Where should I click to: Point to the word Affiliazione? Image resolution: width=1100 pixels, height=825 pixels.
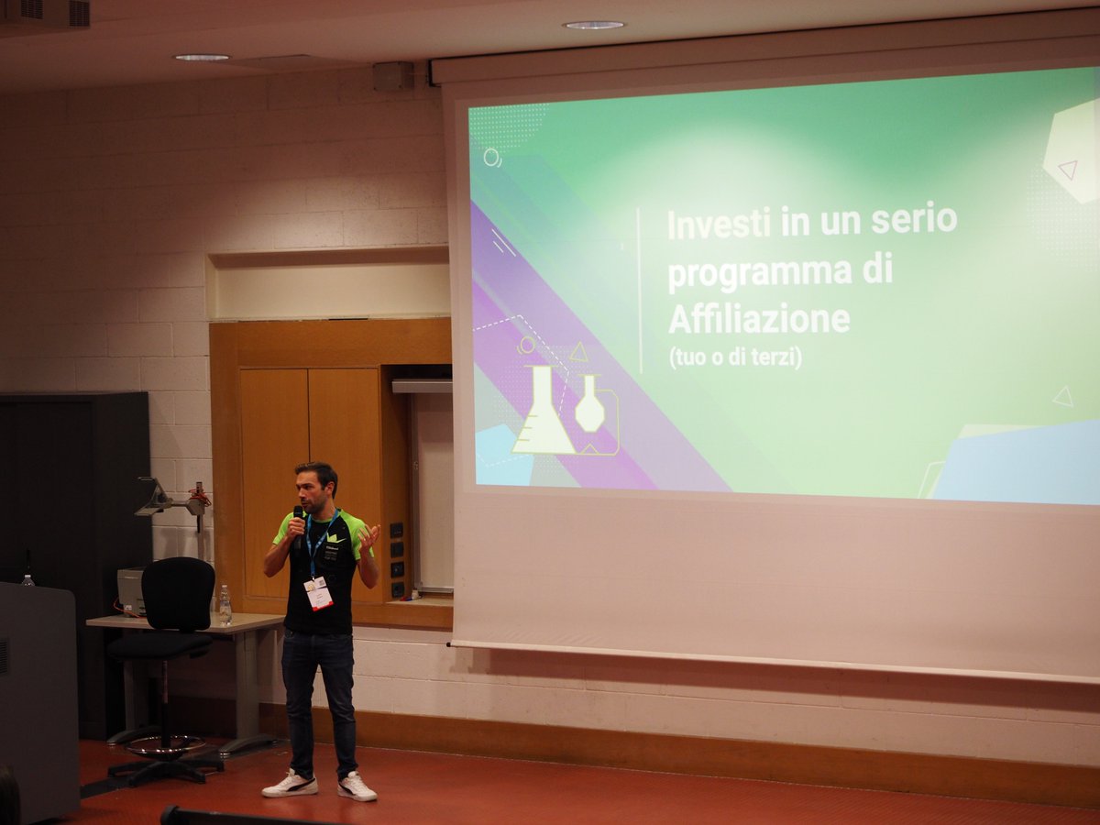point(758,320)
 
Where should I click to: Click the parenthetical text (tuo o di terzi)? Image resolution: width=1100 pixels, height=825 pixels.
point(735,357)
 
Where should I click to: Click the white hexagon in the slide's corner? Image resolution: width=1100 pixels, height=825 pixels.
point(1072,151)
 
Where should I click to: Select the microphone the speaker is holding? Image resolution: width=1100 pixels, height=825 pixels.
point(298,524)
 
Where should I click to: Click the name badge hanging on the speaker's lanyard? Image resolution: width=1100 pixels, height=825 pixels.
point(318,593)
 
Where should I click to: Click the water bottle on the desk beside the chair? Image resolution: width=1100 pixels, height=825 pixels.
point(225,606)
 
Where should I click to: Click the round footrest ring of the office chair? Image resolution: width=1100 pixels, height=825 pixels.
point(165,744)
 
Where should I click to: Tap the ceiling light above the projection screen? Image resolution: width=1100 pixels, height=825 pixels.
point(593,25)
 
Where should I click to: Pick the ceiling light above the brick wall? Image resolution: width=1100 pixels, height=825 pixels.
point(202,57)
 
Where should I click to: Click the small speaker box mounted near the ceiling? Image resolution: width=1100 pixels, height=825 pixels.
point(393,76)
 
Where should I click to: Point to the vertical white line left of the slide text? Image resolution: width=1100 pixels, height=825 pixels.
point(639,289)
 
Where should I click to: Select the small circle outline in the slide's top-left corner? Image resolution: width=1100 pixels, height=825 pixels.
point(491,157)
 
